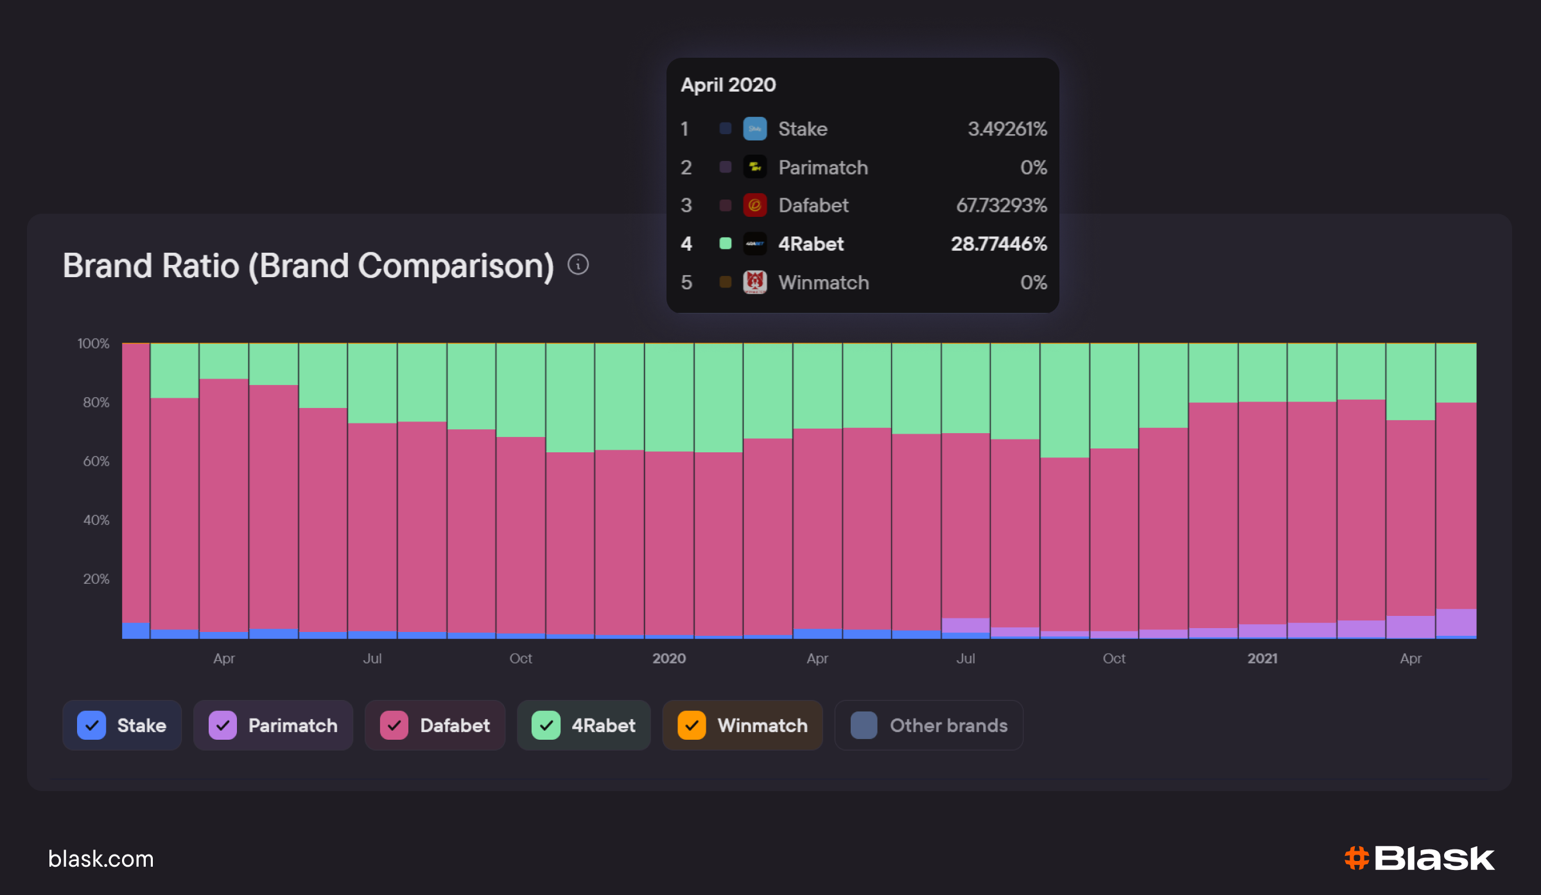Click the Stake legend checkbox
92,726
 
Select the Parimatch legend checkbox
223,726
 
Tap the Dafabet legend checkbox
394,726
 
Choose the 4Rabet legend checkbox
546,726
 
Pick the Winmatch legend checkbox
692,726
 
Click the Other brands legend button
928,726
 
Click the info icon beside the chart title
578,264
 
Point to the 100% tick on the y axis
93,344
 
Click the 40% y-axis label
96,520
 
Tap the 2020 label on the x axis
669,658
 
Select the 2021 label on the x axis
1262,658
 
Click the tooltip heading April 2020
728,85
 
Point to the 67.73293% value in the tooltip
1001,205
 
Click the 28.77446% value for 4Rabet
998,244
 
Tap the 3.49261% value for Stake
1007,129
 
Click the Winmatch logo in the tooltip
755,282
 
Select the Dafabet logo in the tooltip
755,205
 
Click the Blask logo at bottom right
1420,858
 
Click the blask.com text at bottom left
101,859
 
